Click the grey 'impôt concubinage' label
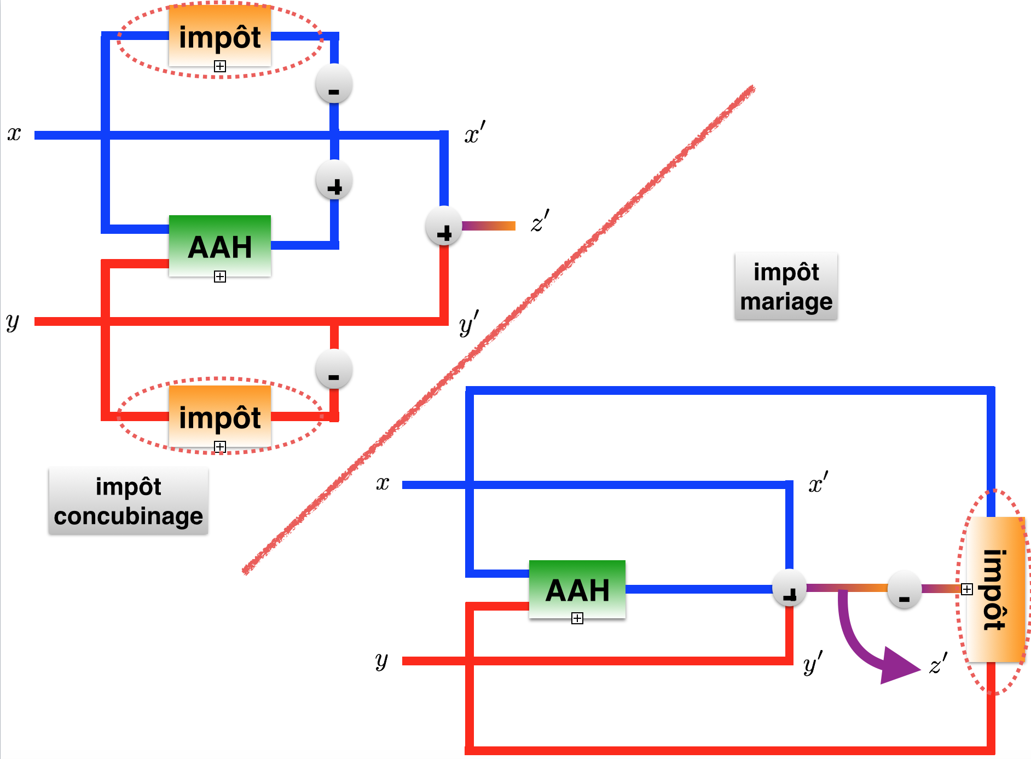[x=129, y=501]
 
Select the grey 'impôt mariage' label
[x=786, y=286]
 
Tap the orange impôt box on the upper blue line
[x=220, y=36]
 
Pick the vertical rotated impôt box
[x=995, y=589]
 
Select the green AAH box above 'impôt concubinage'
[x=220, y=246]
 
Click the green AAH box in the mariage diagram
[x=577, y=589]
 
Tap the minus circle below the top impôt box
[x=334, y=85]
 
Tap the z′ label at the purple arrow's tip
[x=939, y=664]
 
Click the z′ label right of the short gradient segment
[x=540, y=221]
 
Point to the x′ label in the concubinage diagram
[x=474, y=133]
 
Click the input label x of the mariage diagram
[x=383, y=484]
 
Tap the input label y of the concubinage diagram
[x=13, y=321]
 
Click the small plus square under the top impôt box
[x=220, y=66]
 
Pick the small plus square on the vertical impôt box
[x=967, y=589]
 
